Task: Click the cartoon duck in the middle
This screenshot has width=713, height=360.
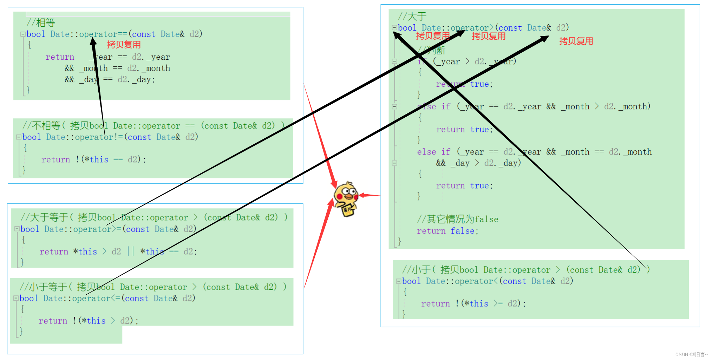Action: pyautogui.click(x=346, y=198)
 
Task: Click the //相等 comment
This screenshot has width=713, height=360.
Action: pyautogui.click(x=41, y=23)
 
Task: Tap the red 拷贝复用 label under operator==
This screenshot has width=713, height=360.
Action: pyautogui.click(x=124, y=45)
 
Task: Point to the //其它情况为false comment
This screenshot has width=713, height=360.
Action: pyautogui.click(x=457, y=219)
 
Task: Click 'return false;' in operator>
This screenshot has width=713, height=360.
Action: pyautogui.click(x=447, y=231)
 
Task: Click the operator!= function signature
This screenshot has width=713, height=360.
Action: pyautogui.click(x=110, y=137)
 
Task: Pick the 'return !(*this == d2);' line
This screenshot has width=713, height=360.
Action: pyautogui.click(x=93, y=159)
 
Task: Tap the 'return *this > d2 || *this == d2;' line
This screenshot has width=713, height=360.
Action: pyautogui.click(x=118, y=251)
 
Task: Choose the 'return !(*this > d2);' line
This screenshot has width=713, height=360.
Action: pyautogui.click(x=89, y=321)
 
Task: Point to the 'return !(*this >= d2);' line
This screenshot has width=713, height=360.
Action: pyautogui.click(x=473, y=303)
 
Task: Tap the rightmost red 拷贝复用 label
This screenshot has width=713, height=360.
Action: pyautogui.click(x=576, y=41)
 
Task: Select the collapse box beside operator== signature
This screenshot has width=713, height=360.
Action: pyautogui.click(x=23, y=34)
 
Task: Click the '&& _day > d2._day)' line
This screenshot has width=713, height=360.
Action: pyautogui.click(x=478, y=163)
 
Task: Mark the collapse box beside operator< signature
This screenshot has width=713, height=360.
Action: pyautogui.click(x=399, y=281)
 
